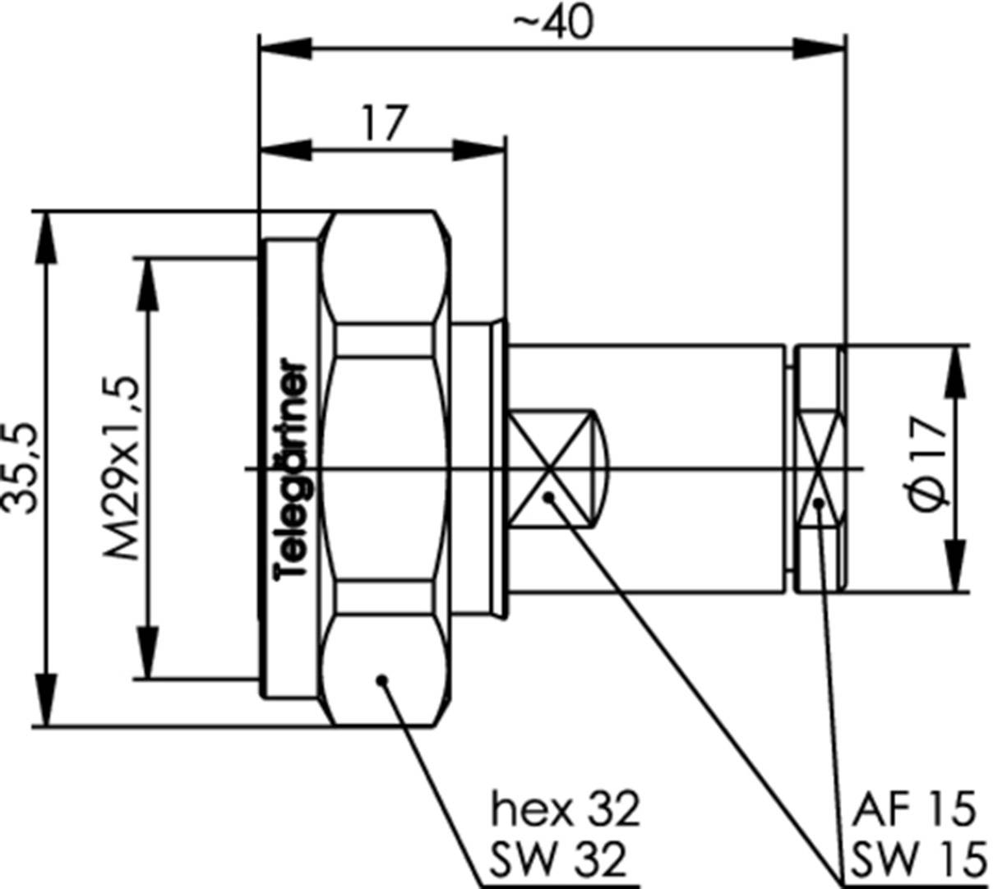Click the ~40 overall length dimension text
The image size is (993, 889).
click(552, 24)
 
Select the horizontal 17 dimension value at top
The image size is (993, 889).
click(383, 124)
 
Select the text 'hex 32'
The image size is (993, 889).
click(565, 809)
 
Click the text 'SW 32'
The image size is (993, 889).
click(559, 859)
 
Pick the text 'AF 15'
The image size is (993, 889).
click(913, 809)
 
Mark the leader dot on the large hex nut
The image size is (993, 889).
click(381, 679)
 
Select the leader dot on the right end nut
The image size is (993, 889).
click(819, 504)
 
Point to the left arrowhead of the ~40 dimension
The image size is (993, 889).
click(284, 47)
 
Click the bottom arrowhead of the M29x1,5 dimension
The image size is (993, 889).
click(147, 652)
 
